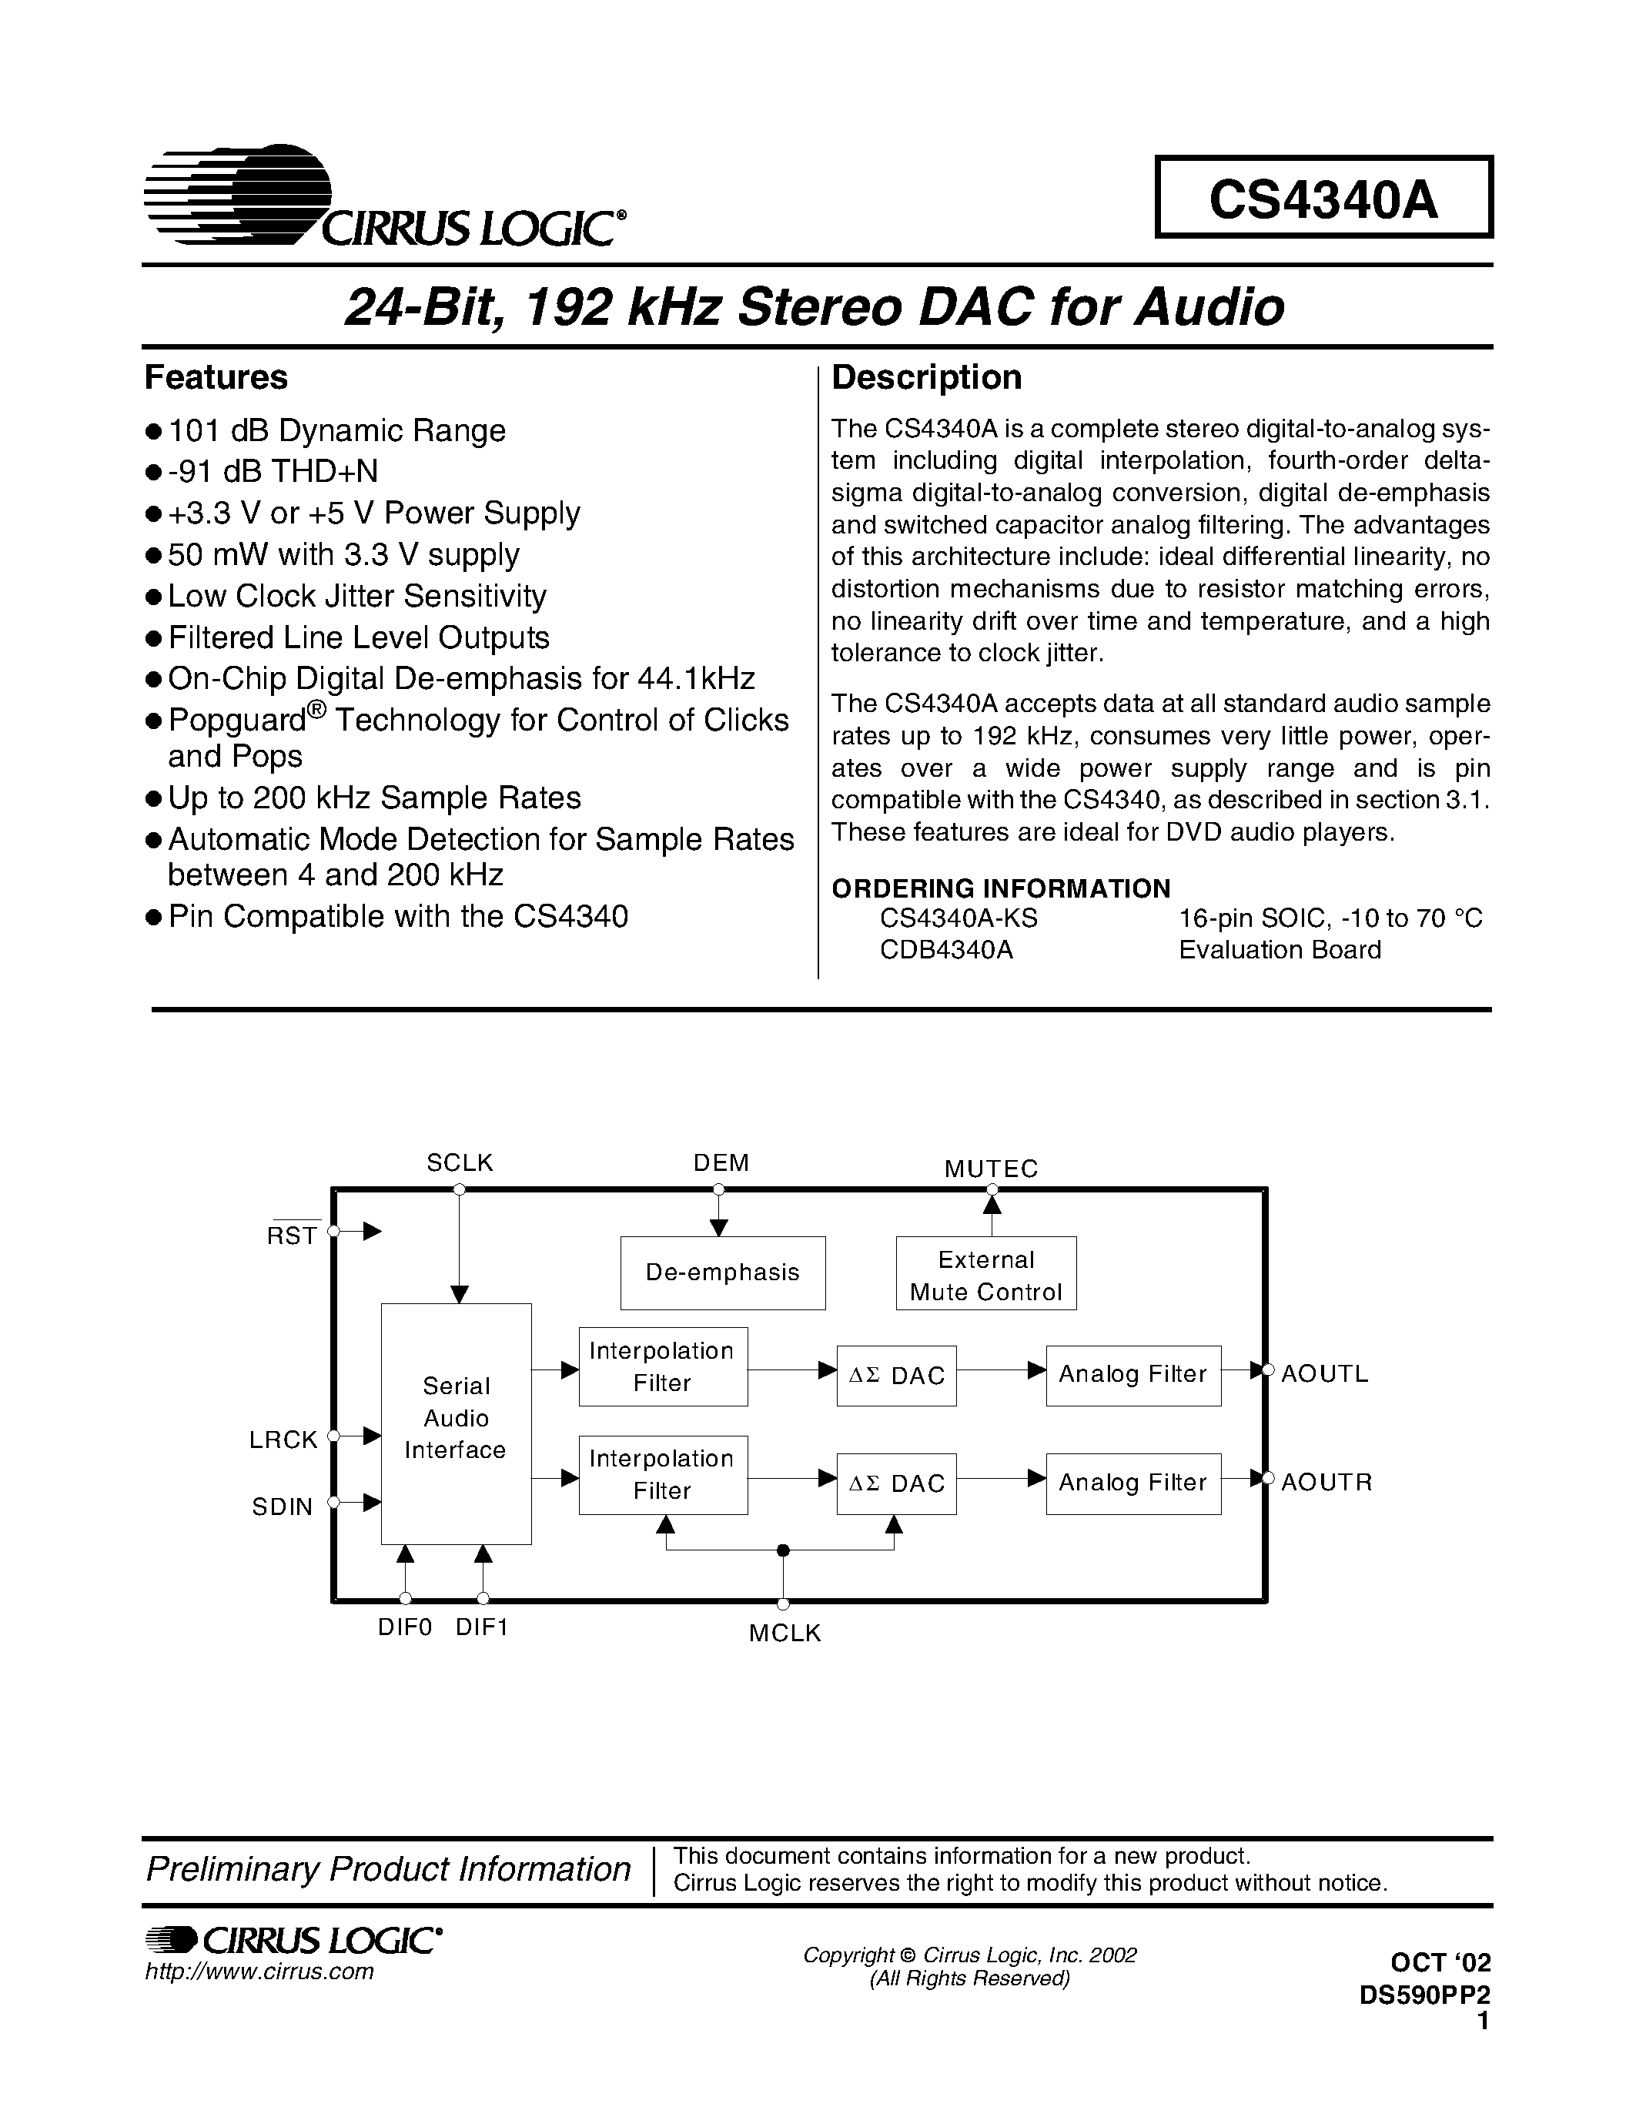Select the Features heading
(216, 377)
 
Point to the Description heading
(925, 377)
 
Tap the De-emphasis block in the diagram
(722, 1272)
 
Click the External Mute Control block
(985, 1275)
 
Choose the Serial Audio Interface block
(456, 1423)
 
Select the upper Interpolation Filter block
(663, 1366)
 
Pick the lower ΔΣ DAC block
(896, 1483)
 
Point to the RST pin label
(292, 1235)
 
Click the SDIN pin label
(282, 1507)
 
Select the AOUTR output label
(1326, 1482)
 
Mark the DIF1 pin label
(482, 1627)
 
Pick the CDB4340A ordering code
(946, 950)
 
